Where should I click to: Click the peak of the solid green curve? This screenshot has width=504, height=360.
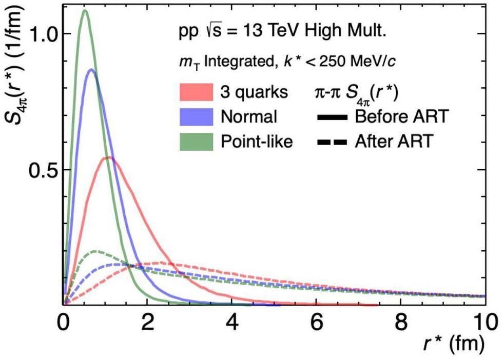pyautogui.click(x=85, y=11)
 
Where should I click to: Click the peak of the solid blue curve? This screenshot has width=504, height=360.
pyautogui.click(x=91, y=70)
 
